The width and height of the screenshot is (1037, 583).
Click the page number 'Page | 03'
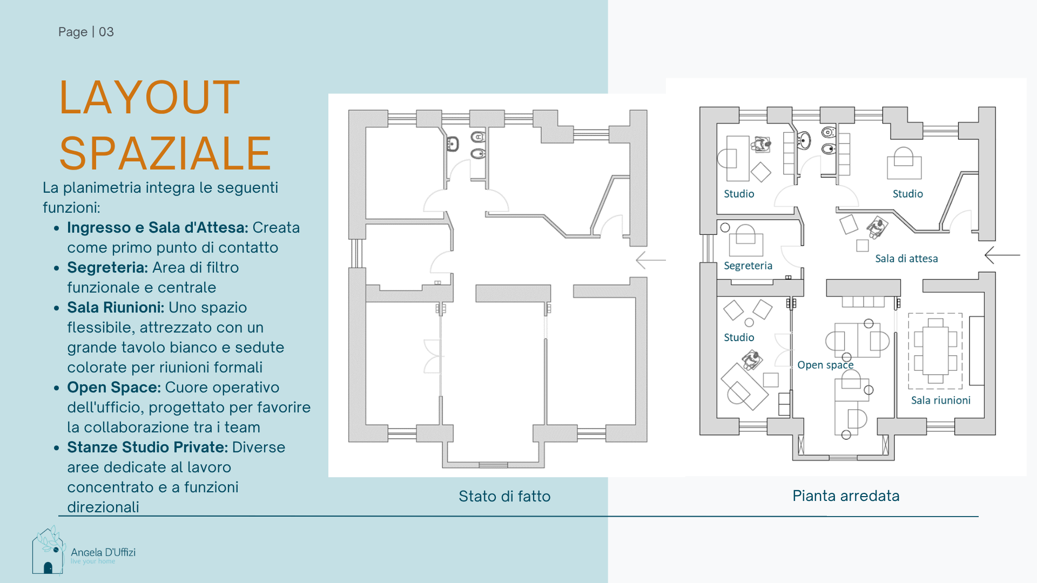pos(86,32)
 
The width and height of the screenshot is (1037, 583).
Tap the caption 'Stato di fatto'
pos(504,496)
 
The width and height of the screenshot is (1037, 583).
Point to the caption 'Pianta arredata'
pos(846,496)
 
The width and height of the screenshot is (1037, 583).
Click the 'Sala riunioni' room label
pos(941,400)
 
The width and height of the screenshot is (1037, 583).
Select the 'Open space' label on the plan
pos(825,365)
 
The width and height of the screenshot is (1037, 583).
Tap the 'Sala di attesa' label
pos(906,259)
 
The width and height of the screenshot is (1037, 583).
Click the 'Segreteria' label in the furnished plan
pos(748,266)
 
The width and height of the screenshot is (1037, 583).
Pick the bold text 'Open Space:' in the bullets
pos(114,388)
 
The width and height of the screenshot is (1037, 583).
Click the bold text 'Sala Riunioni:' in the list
pos(116,307)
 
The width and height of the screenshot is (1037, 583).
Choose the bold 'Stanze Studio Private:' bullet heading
pos(147,447)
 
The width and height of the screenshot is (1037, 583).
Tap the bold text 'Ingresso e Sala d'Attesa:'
pos(158,228)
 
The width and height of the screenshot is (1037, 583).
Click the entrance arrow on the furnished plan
pos(1002,255)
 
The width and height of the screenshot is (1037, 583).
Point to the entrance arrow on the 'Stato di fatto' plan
pos(651,260)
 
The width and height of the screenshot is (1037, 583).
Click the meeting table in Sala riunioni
pos(935,351)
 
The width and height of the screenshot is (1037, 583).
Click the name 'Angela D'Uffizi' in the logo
pos(103,552)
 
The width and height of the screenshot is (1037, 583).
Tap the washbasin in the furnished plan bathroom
pos(804,140)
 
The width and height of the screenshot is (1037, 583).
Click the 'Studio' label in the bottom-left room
pos(739,337)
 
